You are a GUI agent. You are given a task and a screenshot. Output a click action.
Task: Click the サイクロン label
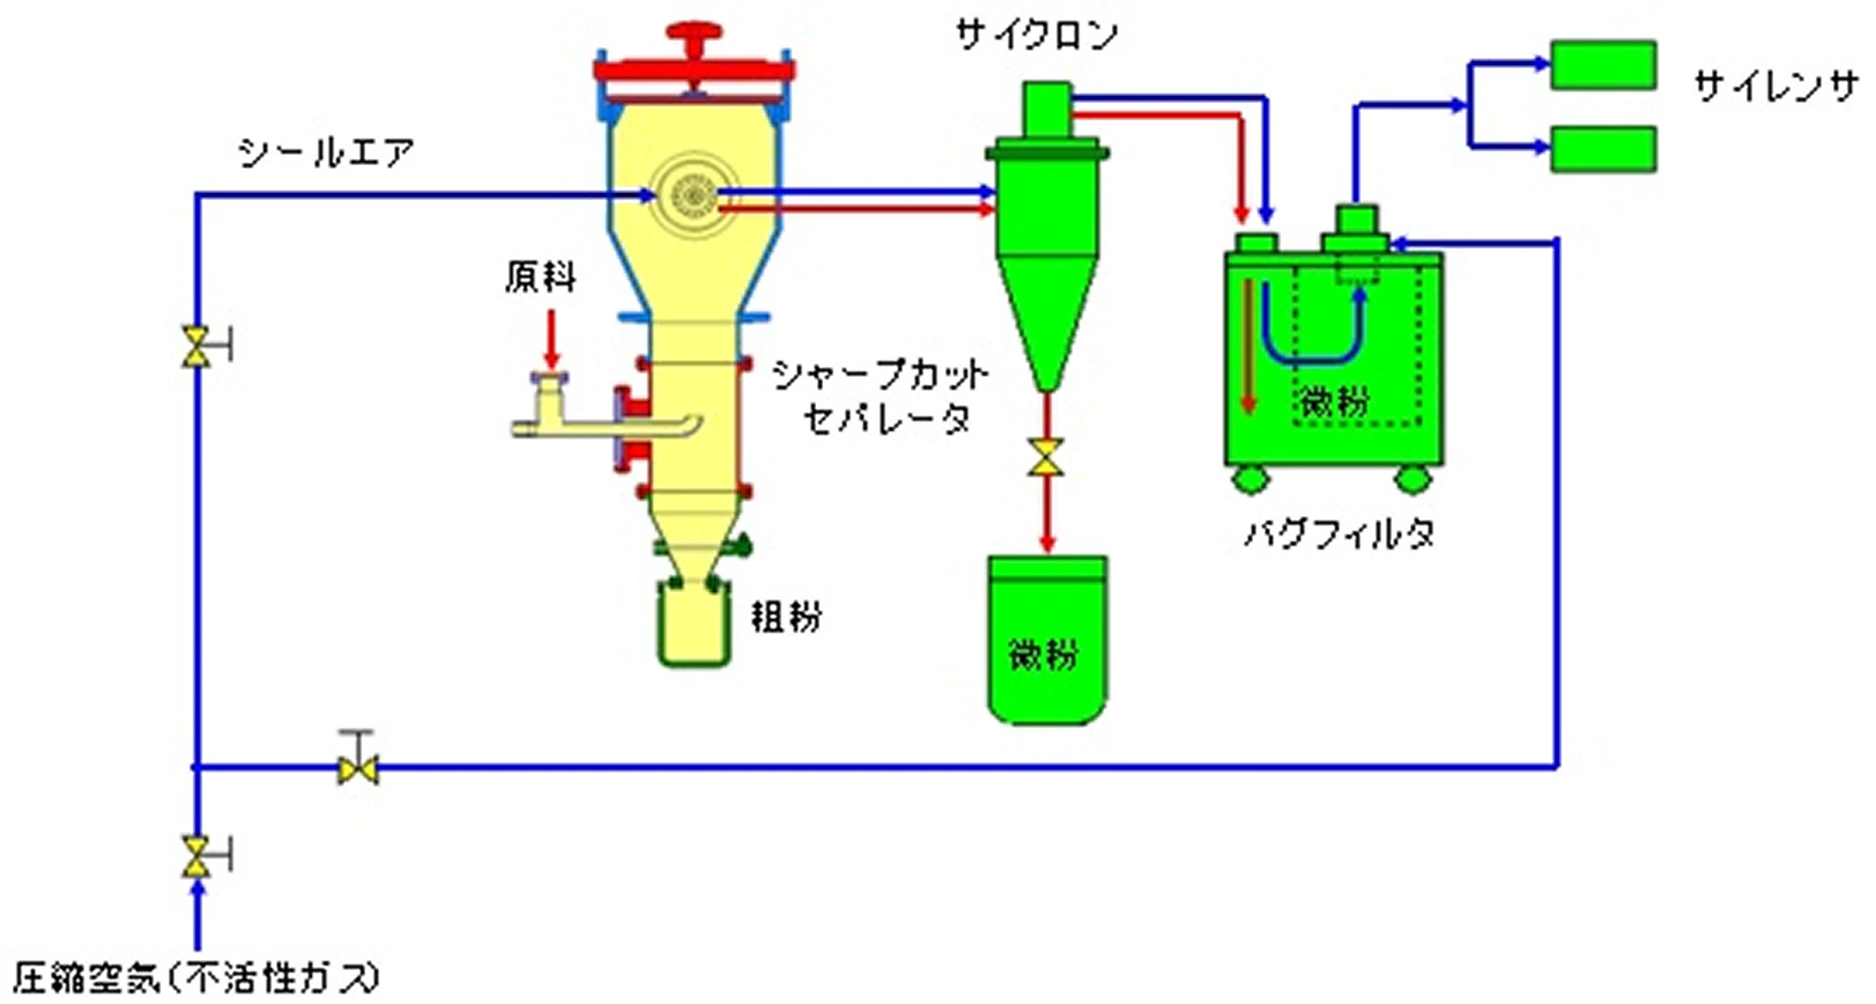pos(1036,36)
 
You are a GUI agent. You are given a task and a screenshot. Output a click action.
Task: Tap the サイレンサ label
pos(1776,86)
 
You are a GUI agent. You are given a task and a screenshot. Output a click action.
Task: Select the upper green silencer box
pos(1603,65)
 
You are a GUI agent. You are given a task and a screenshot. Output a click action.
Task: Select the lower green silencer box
pos(1603,149)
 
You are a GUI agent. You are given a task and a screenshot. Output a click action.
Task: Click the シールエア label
pos(326,153)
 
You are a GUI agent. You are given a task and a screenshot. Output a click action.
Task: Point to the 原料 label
pos(540,277)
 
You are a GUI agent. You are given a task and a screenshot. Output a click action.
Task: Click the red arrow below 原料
pos(552,339)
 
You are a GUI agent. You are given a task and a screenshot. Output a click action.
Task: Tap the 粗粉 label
pos(786,617)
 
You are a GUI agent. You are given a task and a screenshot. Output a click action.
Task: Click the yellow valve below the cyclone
pos(1046,458)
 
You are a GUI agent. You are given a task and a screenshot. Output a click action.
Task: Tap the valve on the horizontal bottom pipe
pos(358,768)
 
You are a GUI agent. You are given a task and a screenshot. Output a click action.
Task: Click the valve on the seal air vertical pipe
pos(197,346)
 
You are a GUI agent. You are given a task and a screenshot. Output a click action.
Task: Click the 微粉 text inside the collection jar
pos(1044,654)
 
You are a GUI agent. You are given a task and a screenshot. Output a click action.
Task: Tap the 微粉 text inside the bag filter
pos(1335,401)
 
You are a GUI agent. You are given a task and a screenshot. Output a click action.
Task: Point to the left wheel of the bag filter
pos(1250,479)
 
